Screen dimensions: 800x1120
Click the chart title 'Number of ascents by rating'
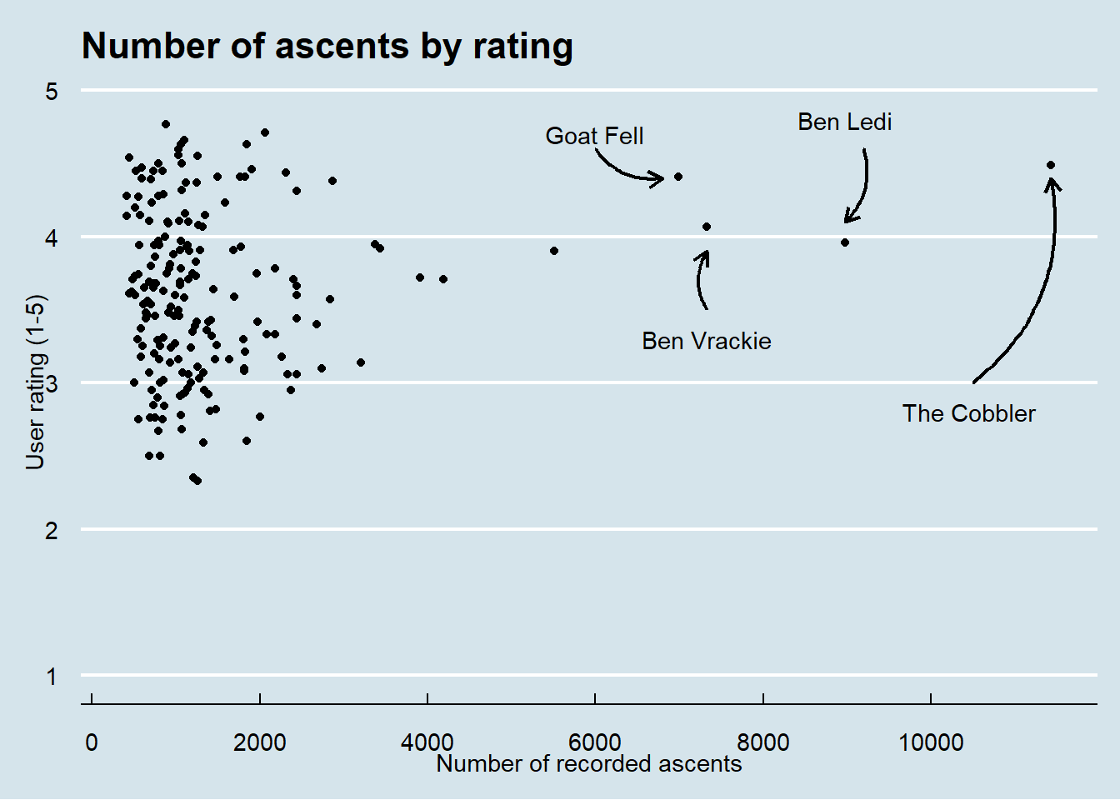[x=327, y=47]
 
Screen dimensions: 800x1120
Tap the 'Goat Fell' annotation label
[x=594, y=136]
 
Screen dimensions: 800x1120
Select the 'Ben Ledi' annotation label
[x=844, y=122]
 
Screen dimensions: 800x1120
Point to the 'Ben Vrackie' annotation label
[x=706, y=341]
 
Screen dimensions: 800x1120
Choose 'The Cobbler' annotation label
[x=968, y=413]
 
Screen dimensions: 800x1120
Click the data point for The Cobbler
[x=1051, y=165]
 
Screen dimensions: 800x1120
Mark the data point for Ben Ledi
[x=845, y=242]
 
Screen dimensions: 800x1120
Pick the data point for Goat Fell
[x=678, y=177]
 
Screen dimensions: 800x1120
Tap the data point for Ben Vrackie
[x=707, y=227]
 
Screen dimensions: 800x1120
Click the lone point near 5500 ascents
[x=554, y=251]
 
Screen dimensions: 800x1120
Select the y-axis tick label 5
[x=52, y=91]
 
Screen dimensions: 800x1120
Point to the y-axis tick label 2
[x=52, y=530]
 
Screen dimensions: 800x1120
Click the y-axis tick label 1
[x=52, y=676]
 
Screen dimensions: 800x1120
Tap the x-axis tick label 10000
[x=931, y=742]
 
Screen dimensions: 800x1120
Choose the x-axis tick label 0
[x=92, y=742]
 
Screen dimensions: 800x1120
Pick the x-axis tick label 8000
[x=763, y=742]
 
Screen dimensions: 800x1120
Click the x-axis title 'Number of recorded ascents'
[x=588, y=764]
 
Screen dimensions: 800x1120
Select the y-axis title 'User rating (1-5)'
[x=36, y=382]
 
